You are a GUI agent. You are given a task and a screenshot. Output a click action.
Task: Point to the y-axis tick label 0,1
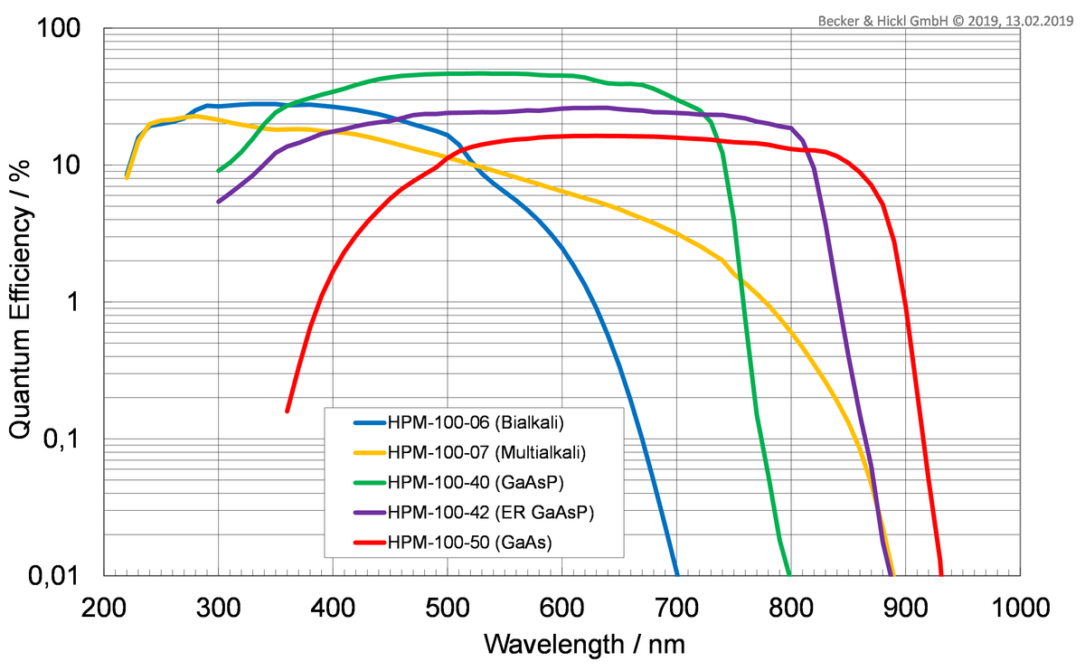click(71, 439)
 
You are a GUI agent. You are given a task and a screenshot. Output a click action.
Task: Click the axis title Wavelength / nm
click(584, 644)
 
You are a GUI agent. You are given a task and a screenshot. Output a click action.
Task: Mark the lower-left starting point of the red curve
click(288, 411)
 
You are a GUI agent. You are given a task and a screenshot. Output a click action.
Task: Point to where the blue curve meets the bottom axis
click(677, 574)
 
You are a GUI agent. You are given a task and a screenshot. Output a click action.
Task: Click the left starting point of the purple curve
click(218, 202)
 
